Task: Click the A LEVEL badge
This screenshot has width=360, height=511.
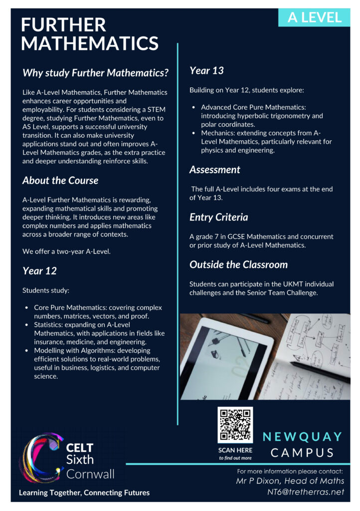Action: (314, 17)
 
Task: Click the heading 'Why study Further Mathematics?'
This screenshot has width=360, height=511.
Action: (95, 73)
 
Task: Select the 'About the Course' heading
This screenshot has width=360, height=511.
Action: (60, 180)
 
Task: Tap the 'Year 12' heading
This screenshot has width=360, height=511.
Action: (39, 271)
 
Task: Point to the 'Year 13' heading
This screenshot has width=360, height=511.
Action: (206, 70)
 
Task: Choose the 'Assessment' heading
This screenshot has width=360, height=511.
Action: (214, 170)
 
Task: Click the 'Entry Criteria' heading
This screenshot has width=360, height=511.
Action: (218, 217)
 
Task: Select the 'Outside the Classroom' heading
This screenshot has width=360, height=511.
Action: (238, 264)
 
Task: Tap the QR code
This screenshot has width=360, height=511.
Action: (235, 425)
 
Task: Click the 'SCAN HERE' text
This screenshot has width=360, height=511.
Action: (235, 450)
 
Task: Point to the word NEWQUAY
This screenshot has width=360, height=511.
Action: (303, 437)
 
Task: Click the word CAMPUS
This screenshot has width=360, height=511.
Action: (303, 453)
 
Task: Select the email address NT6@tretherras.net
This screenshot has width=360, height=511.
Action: (306, 492)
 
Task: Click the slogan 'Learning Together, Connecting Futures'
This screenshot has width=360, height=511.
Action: (84, 493)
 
